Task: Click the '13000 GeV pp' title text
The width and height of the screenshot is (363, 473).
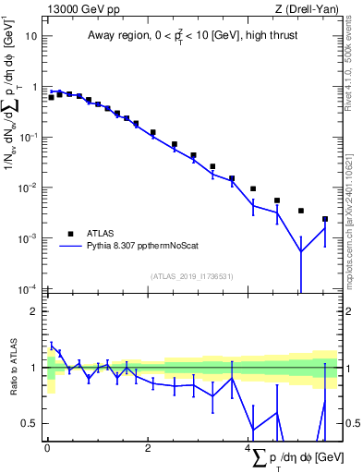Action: (78, 9)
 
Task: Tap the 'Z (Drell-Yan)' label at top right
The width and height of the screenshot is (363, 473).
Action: (308, 9)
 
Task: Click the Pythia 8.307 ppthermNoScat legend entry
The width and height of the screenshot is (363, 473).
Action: (147, 246)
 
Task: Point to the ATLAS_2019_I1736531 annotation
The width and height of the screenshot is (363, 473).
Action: (191, 275)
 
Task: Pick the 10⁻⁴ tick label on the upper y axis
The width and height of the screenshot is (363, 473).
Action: (29, 289)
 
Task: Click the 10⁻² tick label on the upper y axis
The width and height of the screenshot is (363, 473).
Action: (29, 188)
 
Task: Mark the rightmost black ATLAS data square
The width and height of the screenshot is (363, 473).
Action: (324, 219)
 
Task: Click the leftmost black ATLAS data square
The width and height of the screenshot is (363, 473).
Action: (51, 97)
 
